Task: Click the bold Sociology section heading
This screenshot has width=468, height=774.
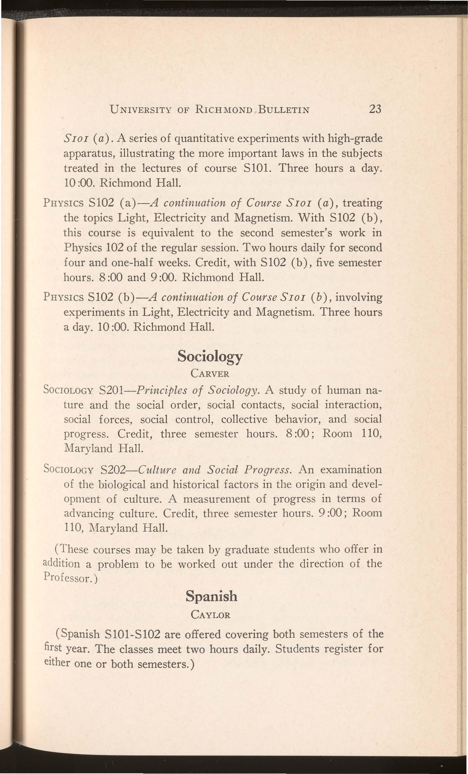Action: (x=210, y=356)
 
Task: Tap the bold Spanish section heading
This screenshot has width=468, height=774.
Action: (x=211, y=596)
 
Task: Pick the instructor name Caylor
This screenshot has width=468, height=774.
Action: (x=210, y=614)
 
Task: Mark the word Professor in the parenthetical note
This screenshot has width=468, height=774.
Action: (x=69, y=578)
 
